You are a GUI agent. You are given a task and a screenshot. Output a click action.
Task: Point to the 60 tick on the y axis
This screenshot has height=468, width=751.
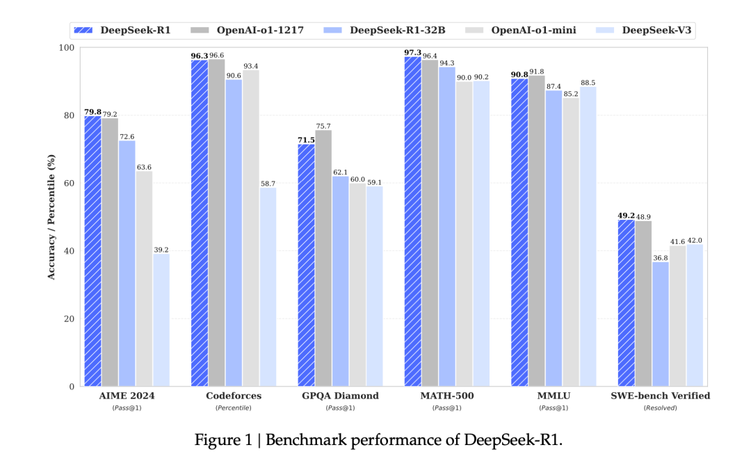[x=70, y=183]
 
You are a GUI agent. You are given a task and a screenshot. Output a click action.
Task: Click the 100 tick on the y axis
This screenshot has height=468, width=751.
[x=68, y=47]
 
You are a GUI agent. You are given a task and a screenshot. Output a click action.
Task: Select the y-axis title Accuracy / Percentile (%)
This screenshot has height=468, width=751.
[x=51, y=217]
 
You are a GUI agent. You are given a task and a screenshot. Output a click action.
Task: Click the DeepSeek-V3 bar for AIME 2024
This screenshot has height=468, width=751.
[x=161, y=320]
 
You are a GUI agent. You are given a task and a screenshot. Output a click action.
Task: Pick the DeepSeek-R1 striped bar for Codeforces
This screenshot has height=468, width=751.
[x=200, y=223]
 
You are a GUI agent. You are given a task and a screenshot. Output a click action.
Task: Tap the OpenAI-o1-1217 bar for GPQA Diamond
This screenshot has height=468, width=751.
[x=323, y=258]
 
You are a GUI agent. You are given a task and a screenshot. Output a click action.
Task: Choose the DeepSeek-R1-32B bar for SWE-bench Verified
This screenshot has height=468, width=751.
[x=661, y=324]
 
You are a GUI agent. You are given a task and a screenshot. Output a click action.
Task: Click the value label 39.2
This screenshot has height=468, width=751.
[x=161, y=250]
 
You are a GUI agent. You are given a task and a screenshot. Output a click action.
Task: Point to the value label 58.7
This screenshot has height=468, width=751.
[x=268, y=183]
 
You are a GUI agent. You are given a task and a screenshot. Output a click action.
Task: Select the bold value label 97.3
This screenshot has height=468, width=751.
[x=412, y=52]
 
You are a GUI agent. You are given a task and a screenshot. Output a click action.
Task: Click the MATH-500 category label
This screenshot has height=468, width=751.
[x=447, y=396]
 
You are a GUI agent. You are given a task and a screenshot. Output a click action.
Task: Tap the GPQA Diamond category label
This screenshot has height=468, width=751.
[x=340, y=396]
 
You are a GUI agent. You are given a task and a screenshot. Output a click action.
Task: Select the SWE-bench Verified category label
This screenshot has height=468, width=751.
[x=661, y=396]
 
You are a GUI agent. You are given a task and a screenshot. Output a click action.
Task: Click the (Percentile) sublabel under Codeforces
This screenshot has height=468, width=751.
[x=234, y=408]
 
